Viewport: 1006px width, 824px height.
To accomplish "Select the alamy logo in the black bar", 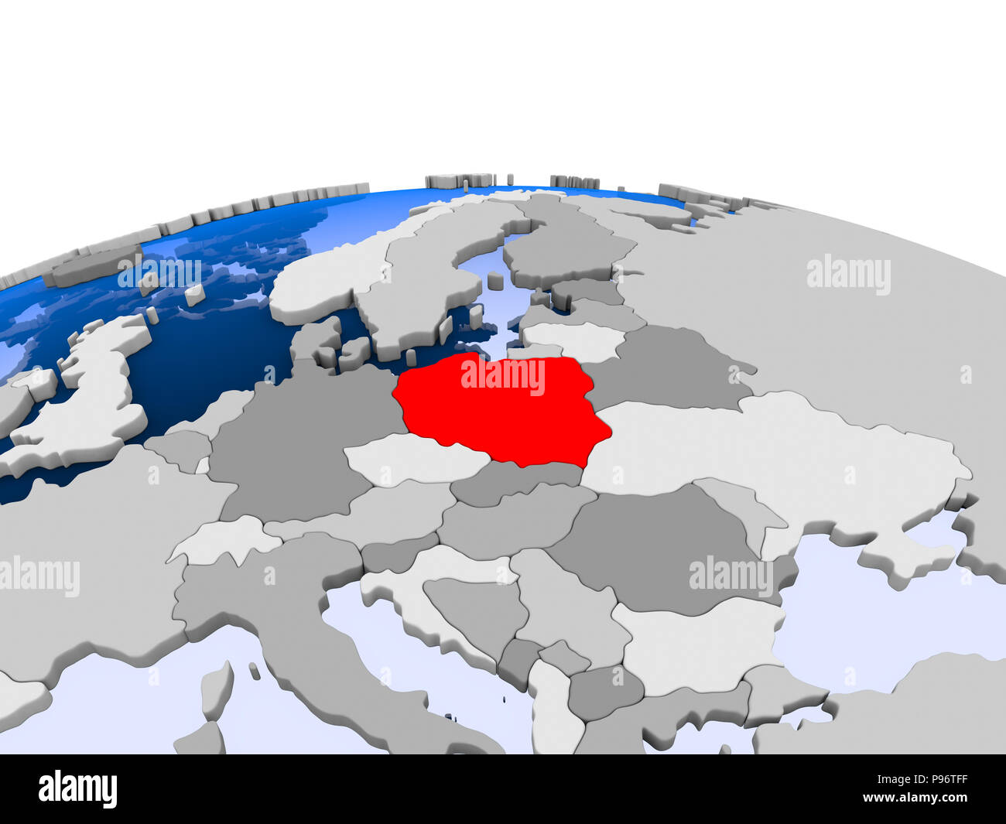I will click(77, 789).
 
